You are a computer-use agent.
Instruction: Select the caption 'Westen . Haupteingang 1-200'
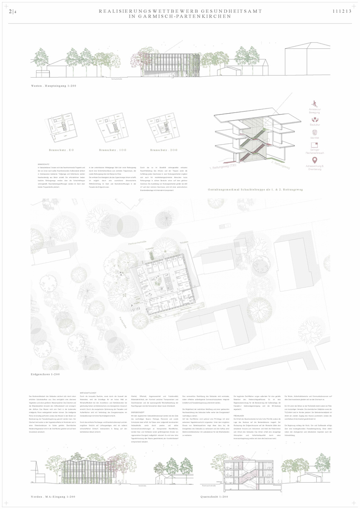tap(53, 87)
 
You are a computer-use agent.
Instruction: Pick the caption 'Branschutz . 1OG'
tap(113, 150)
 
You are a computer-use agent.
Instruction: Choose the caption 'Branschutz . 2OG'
tap(163, 150)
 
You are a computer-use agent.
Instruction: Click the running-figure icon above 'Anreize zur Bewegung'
tap(314, 103)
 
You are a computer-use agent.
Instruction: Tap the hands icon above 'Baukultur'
tap(314, 120)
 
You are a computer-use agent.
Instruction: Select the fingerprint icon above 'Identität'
tap(314, 133)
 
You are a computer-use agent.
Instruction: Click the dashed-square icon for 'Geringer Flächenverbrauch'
tap(314, 145)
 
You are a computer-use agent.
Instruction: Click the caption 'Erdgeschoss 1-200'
tap(45, 375)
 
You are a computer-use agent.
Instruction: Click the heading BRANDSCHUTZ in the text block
tap(44, 163)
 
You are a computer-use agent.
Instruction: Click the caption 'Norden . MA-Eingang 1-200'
tap(53, 496)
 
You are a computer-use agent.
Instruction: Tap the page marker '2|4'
tap(13, 12)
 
